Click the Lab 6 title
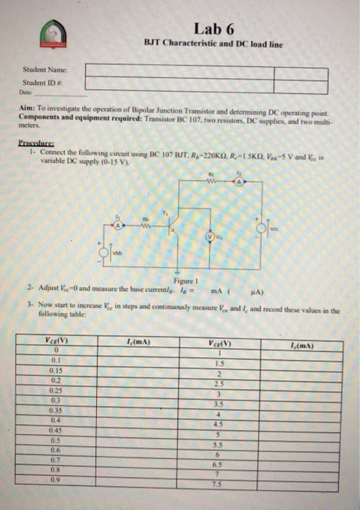pos(214,29)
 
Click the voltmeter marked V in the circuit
pos(211,237)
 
